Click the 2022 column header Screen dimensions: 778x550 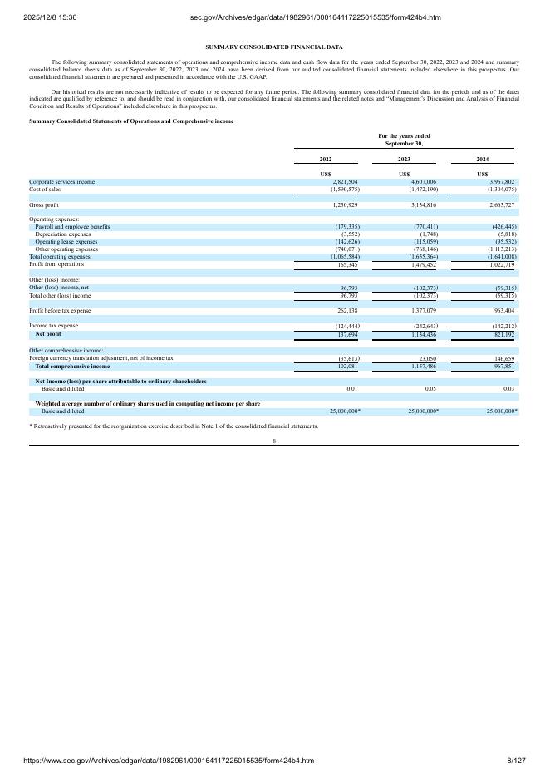pos(326,159)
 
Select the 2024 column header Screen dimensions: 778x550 pos(483,159)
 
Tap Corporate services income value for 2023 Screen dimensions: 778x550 pos(420,181)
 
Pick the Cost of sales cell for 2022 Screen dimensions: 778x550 pos(340,189)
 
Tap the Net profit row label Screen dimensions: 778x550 pos(48,333)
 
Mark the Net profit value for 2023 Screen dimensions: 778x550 pos(420,333)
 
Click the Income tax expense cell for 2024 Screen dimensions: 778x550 pos(498,326)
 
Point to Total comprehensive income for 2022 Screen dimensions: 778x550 pos(344,366)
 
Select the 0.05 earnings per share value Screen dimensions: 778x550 pos(430,388)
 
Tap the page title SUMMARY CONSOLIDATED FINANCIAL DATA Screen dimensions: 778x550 pos(274,47)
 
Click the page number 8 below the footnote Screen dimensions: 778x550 pos(274,441)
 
